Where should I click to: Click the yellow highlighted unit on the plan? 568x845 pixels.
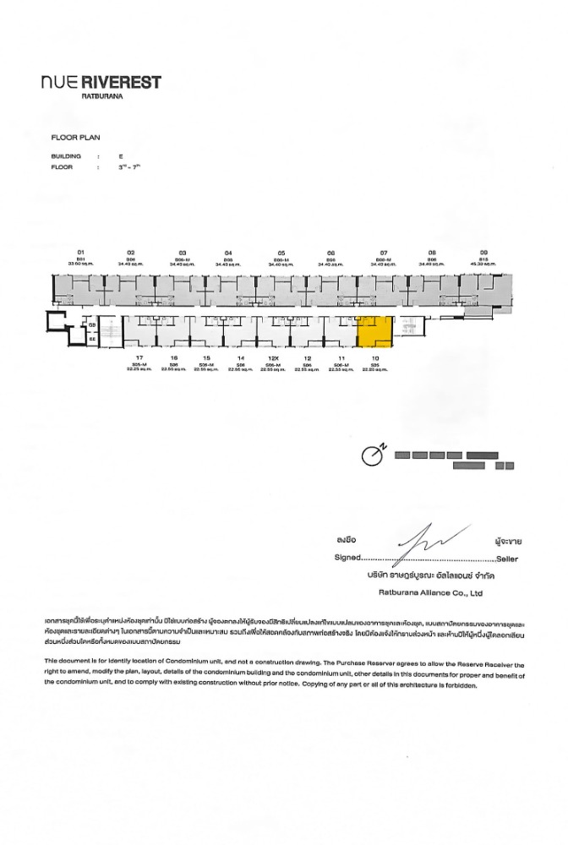point(374,331)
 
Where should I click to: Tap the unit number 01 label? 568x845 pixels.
point(82,253)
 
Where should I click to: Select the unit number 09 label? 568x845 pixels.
point(483,253)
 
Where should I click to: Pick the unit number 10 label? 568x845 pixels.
point(374,358)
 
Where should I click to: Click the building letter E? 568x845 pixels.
point(122,156)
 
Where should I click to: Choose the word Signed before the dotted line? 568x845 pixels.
point(341,559)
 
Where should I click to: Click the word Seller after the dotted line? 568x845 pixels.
point(508,559)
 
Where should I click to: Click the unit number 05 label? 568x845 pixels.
point(281,253)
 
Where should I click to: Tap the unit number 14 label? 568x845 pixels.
point(241,358)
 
